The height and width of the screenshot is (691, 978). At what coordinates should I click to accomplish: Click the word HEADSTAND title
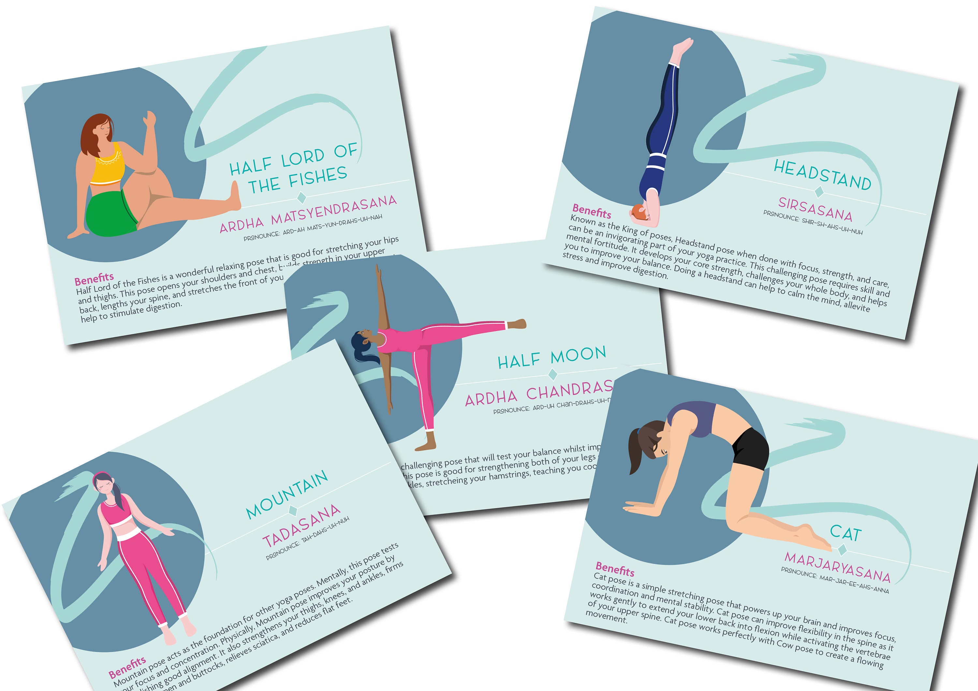tap(822, 175)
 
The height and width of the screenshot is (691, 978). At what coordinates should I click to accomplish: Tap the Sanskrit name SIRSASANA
tap(815, 209)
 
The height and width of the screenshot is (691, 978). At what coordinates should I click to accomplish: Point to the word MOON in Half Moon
tap(578, 355)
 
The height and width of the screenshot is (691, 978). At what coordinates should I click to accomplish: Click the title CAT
tap(846, 533)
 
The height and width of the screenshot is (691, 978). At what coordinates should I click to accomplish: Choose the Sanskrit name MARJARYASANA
tap(837, 567)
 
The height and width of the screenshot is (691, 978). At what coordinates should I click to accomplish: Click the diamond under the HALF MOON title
tap(553, 374)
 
